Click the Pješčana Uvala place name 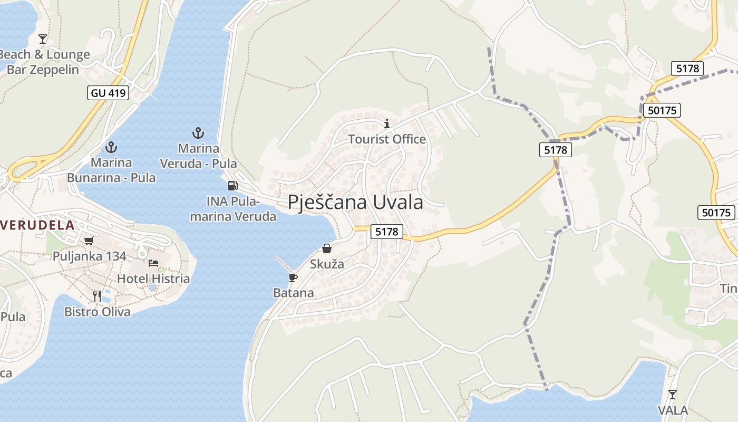pos(355,202)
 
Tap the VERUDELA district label pos(37,225)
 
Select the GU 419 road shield pos(108,93)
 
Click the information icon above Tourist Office pos(387,123)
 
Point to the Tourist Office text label pos(387,139)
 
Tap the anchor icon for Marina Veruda pos(198,132)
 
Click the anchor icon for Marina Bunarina pos(111,147)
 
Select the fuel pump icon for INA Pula pos(232,185)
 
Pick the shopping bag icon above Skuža pos(327,248)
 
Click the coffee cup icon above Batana pos(293,277)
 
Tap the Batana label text pos(293,293)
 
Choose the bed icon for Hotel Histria pos(153,263)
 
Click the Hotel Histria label pos(153,279)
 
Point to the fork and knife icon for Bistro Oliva pos(97,296)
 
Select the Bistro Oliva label pos(97,312)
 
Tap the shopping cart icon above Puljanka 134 pos(89,241)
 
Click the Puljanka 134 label pos(89,256)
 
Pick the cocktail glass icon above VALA pos(672,394)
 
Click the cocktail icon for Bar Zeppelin pos(43,39)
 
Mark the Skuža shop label pos(327,264)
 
